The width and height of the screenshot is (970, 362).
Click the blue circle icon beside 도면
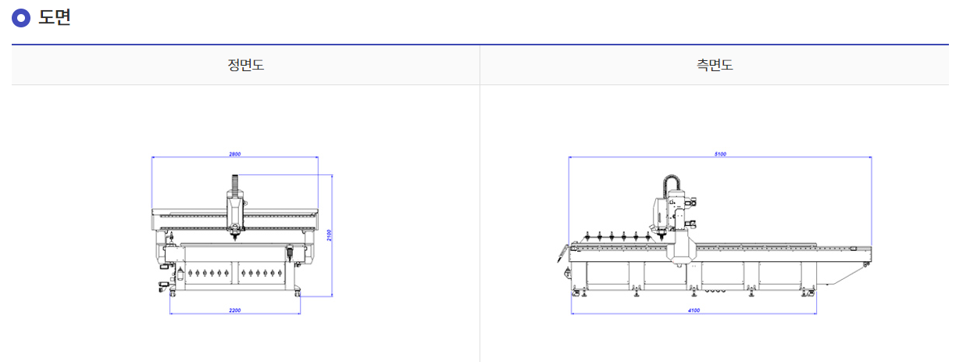pyautogui.click(x=21, y=18)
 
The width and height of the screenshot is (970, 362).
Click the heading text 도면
pyautogui.click(x=55, y=17)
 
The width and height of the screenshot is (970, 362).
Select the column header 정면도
pyautogui.click(x=245, y=65)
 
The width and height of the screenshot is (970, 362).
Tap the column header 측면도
pyautogui.click(x=715, y=65)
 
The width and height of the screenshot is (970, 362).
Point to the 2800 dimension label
pyautogui.click(x=235, y=154)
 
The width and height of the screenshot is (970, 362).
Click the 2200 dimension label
pyautogui.click(x=235, y=310)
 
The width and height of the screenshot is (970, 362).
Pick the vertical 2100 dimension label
pyautogui.click(x=329, y=235)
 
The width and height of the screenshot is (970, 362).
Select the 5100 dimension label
pyautogui.click(x=720, y=154)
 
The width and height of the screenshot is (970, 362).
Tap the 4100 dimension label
pyautogui.click(x=694, y=310)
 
